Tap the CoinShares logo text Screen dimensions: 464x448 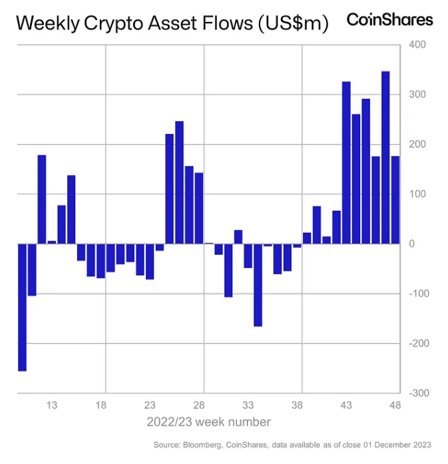click(x=389, y=19)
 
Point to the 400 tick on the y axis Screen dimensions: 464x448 click(x=416, y=45)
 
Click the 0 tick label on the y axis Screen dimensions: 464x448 click(x=411, y=244)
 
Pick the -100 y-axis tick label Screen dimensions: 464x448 click(x=418, y=294)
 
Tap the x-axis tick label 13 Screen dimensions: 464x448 click(x=52, y=405)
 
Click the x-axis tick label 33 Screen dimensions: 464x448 click(x=248, y=405)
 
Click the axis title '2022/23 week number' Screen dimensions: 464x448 click(x=208, y=422)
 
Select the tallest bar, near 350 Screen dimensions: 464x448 click(x=385, y=157)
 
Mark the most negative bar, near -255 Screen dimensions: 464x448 click(x=22, y=307)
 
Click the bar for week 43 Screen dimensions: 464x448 click(x=346, y=163)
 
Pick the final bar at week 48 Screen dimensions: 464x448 click(x=395, y=200)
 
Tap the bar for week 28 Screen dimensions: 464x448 click(x=198, y=208)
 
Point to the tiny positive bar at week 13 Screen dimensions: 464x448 click(x=52, y=242)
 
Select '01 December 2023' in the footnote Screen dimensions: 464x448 click(x=398, y=445)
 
